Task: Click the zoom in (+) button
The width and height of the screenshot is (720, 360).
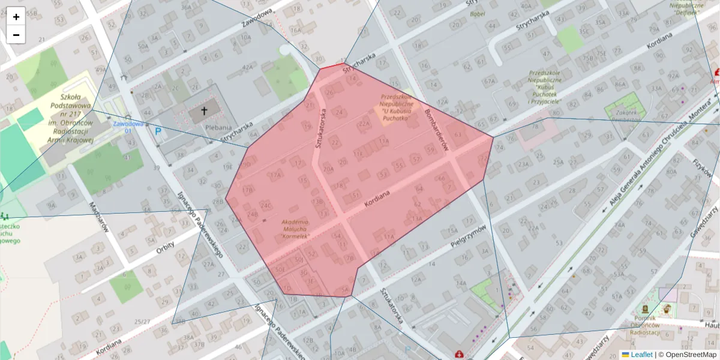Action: point(16,17)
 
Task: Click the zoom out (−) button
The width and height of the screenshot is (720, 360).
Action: point(16,35)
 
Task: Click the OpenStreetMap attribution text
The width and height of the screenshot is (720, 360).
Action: point(687,355)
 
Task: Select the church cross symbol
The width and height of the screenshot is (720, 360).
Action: point(204,111)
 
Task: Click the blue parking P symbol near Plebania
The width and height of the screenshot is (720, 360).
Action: point(158,131)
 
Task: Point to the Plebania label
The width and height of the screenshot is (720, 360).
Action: point(218,127)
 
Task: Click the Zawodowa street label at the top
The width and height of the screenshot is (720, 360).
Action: point(258,18)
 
